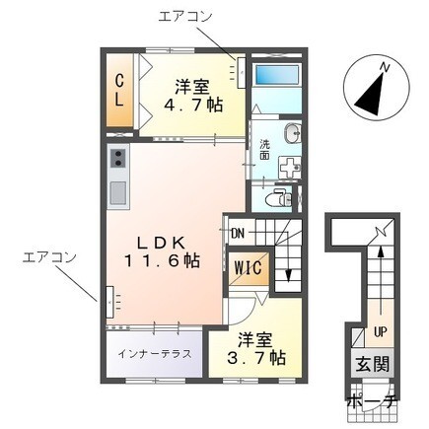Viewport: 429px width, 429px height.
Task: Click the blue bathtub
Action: (277, 75)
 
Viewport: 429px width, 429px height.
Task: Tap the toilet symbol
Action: (278, 197)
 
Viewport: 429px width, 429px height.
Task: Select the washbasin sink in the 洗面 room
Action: (292, 133)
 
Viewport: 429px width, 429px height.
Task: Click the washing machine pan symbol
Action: (289, 168)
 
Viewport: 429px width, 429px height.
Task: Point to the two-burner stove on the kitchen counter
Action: (118, 159)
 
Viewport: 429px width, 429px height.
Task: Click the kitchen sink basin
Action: (118, 192)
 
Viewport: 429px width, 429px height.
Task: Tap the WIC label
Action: (249, 267)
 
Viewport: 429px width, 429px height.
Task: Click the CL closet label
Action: (119, 90)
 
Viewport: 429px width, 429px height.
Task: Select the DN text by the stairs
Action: (238, 234)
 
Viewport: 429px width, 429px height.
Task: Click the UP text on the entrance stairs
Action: (380, 332)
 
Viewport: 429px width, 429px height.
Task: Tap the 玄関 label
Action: (373, 364)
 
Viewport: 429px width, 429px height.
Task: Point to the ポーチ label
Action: (373, 401)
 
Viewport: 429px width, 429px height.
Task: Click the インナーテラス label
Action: (155, 354)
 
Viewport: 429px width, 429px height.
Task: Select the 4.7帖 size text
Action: (193, 105)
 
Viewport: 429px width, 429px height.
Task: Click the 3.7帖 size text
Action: (256, 358)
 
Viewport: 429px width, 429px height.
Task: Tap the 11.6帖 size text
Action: (162, 261)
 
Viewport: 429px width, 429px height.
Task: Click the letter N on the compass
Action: (384, 67)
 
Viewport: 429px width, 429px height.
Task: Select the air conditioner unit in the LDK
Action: (109, 302)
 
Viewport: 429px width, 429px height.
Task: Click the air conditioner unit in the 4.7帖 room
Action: (242, 73)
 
